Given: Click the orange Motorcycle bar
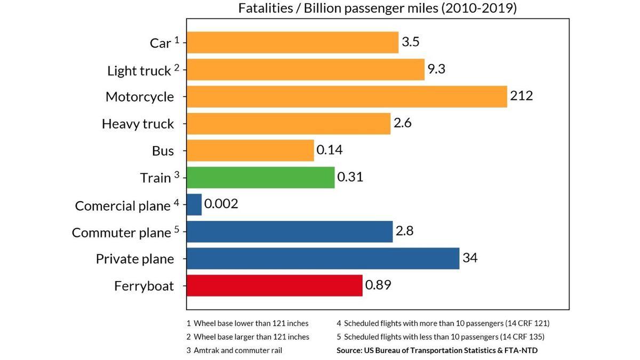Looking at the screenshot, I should coord(347,97).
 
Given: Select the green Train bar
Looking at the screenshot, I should coord(260,178).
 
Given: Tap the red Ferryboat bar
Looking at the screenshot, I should coord(274,285).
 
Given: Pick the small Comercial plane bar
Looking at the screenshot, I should coord(194,205).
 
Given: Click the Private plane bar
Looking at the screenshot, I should coord(323,259).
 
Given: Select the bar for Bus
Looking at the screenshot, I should coord(250,150).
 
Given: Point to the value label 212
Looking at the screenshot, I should coord(521,96).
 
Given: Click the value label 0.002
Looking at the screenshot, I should coord(221,204).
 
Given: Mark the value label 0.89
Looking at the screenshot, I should coord(378,285).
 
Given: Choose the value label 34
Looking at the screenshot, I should coord(470,258).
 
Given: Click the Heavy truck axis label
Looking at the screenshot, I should coord(138,124).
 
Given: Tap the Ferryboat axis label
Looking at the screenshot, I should coord(144,286).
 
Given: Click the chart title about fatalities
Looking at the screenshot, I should coord(378,9).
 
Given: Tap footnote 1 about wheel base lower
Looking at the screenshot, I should coord(247,323).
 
